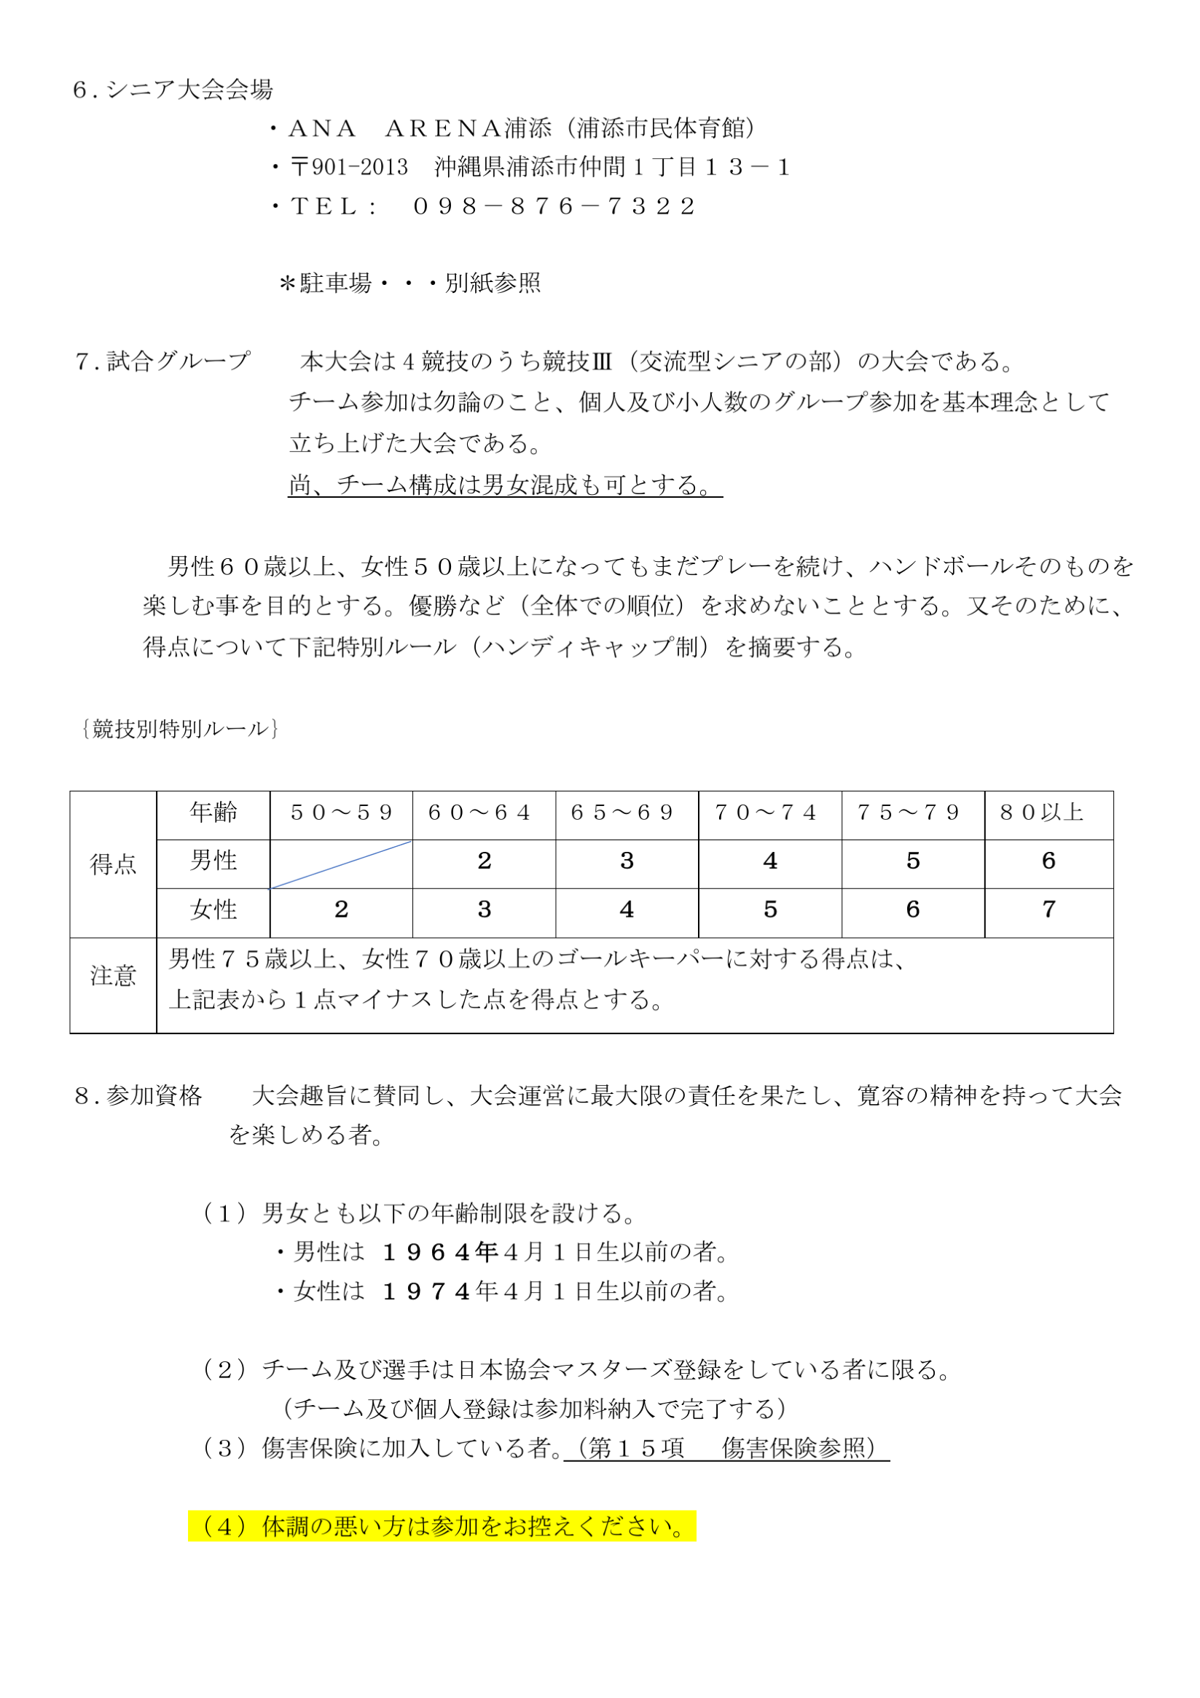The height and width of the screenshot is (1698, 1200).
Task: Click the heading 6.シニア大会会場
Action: (173, 90)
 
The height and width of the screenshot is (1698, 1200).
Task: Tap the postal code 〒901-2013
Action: (349, 167)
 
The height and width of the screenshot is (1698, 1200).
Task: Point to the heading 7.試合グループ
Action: (162, 361)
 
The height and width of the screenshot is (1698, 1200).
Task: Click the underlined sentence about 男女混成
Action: (504, 485)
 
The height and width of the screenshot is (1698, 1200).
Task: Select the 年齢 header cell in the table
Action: (213, 813)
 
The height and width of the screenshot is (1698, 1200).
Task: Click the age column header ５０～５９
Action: (341, 813)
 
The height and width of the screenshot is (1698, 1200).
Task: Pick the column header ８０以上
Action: (1042, 813)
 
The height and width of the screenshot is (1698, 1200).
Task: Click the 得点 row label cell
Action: (113, 863)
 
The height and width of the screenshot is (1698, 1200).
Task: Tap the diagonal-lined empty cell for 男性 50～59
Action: (341, 863)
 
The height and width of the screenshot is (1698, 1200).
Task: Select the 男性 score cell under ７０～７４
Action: (769, 861)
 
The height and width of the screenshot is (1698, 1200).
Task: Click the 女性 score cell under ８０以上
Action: (1048, 909)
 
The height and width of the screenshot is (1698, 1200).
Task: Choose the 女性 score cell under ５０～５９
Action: (341, 909)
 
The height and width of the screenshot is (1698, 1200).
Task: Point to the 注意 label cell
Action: (113, 977)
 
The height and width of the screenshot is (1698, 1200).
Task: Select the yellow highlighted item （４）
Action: (442, 1526)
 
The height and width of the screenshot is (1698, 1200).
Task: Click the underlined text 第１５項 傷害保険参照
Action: (726, 1447)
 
